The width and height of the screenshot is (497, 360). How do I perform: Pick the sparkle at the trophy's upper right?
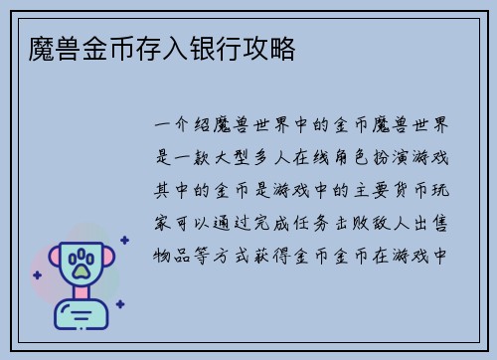tap(123, 241)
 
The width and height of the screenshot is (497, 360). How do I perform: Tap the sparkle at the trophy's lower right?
tap(119, 303)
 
